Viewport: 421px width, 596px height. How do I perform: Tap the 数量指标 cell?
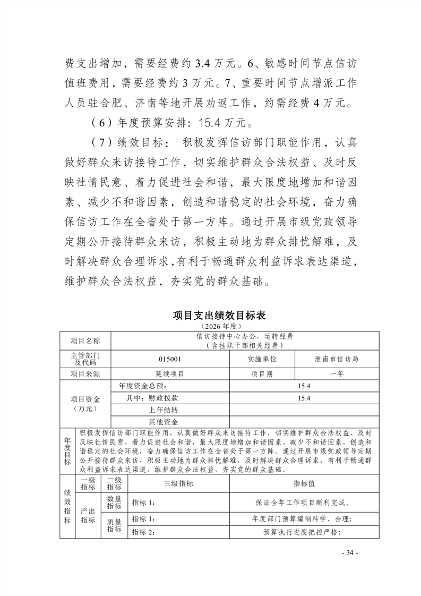[114, 502]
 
